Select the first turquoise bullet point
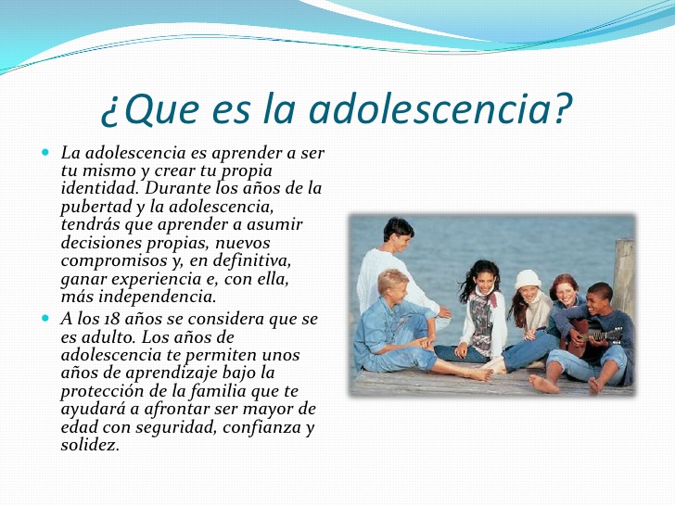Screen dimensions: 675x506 click(45, 152)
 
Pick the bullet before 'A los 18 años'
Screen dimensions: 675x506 click(45, 319)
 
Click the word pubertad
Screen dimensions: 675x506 click(96, 207)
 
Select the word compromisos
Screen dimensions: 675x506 click(114, 261)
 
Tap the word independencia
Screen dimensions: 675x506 click(157, 297)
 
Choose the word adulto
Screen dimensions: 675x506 click(108, 337)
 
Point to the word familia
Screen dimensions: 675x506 click(218, 391)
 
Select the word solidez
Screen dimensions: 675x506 click(90, 445)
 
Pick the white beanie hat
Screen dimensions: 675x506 click(528, 279)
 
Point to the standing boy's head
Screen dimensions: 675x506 click(399, 234)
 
